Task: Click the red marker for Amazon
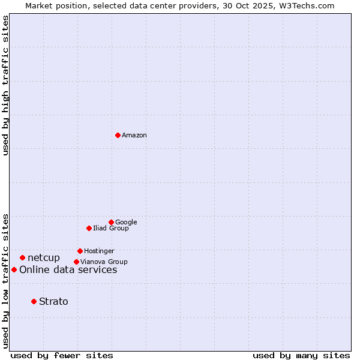click(x=118, y=135)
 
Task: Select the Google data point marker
click(x=111, y=222)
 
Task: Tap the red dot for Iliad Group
click(x=89, y=228)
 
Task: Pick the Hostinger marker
click(x=80, y=251)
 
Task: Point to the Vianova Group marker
click(x=76, y=262)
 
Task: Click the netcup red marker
click(x=22, y=257)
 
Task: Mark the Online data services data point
click(x=14, y=269)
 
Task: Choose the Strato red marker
click(x=34, y=301)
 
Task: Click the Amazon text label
click(x=134, y=136)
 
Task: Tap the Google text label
click(x=126, y=223)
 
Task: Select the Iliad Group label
click(x=111, y=229)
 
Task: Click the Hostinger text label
click(x=99, y=251)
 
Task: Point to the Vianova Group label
click(x=104, y=262)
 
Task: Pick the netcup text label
click(x=44, y=258)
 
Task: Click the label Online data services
click(x=68, y=270)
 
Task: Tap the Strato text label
click(x=53, y=302)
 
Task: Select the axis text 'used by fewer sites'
click(x=62, y=355)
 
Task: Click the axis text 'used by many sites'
click(x=301, y=355)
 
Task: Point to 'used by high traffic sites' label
click(x=5, y=85)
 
